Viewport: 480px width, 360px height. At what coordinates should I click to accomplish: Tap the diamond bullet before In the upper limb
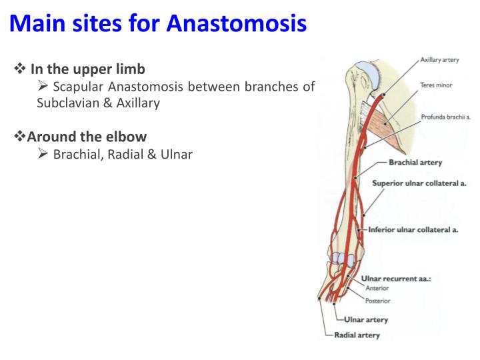pos(20,69)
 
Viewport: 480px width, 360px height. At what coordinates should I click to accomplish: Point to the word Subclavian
pos(64,103)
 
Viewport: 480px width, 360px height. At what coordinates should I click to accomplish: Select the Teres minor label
pos(437,85)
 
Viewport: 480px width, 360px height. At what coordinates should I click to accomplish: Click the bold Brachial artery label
pos(415,162)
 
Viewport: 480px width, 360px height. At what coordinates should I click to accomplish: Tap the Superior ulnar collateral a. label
pos(419,183)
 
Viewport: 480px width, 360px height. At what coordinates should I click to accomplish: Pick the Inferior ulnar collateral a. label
pos(413,230)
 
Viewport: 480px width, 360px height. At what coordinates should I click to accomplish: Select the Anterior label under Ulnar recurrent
pos(377,289)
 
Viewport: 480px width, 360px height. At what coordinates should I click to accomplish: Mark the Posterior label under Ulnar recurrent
pos(378,301)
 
